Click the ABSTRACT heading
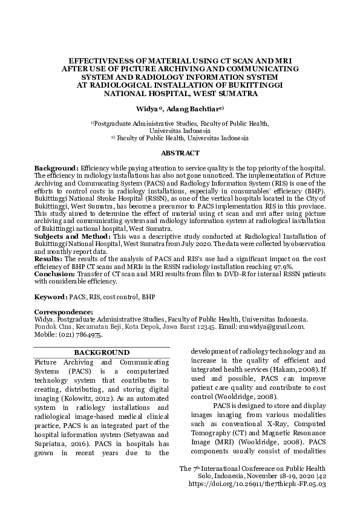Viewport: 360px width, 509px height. pos(180,154)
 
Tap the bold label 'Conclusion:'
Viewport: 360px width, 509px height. pos(54,273)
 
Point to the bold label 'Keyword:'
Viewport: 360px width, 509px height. pos(50,297)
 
